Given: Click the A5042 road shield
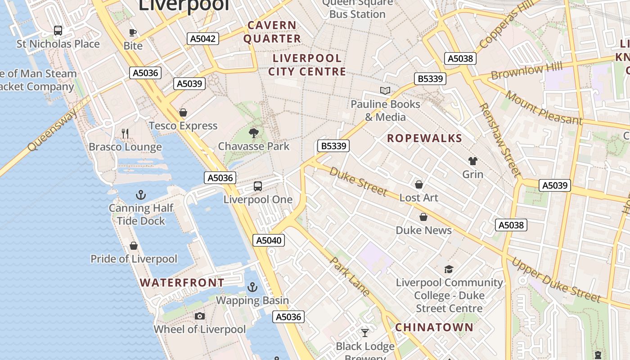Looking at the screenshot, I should (203, 39).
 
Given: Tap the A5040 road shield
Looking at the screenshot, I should (269, 240).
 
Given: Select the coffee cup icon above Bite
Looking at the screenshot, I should (133, 32).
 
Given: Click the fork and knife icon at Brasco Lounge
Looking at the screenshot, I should (125, 133).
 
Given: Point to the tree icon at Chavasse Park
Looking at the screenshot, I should (254, 133).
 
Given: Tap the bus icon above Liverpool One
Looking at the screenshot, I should (258, 186).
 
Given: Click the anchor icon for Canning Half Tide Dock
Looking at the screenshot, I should (141, 195).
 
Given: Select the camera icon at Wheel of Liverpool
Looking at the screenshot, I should (200, 316).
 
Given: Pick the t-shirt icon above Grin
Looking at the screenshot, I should (472, 161).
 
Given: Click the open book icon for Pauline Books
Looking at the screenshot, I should (385, 91).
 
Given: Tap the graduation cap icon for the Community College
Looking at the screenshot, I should (449, 269).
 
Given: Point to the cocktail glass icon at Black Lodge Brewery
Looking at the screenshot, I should (365, 333).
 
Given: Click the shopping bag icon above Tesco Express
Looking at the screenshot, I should (183, 112).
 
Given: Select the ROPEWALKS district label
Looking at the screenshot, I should (424, 139).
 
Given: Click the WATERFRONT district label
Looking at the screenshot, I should (182, 283).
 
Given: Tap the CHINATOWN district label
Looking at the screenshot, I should (434, 327).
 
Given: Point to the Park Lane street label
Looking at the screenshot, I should (350, 276).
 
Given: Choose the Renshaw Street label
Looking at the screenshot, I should (499, 139).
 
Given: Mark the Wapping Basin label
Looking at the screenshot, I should (252, 300).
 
